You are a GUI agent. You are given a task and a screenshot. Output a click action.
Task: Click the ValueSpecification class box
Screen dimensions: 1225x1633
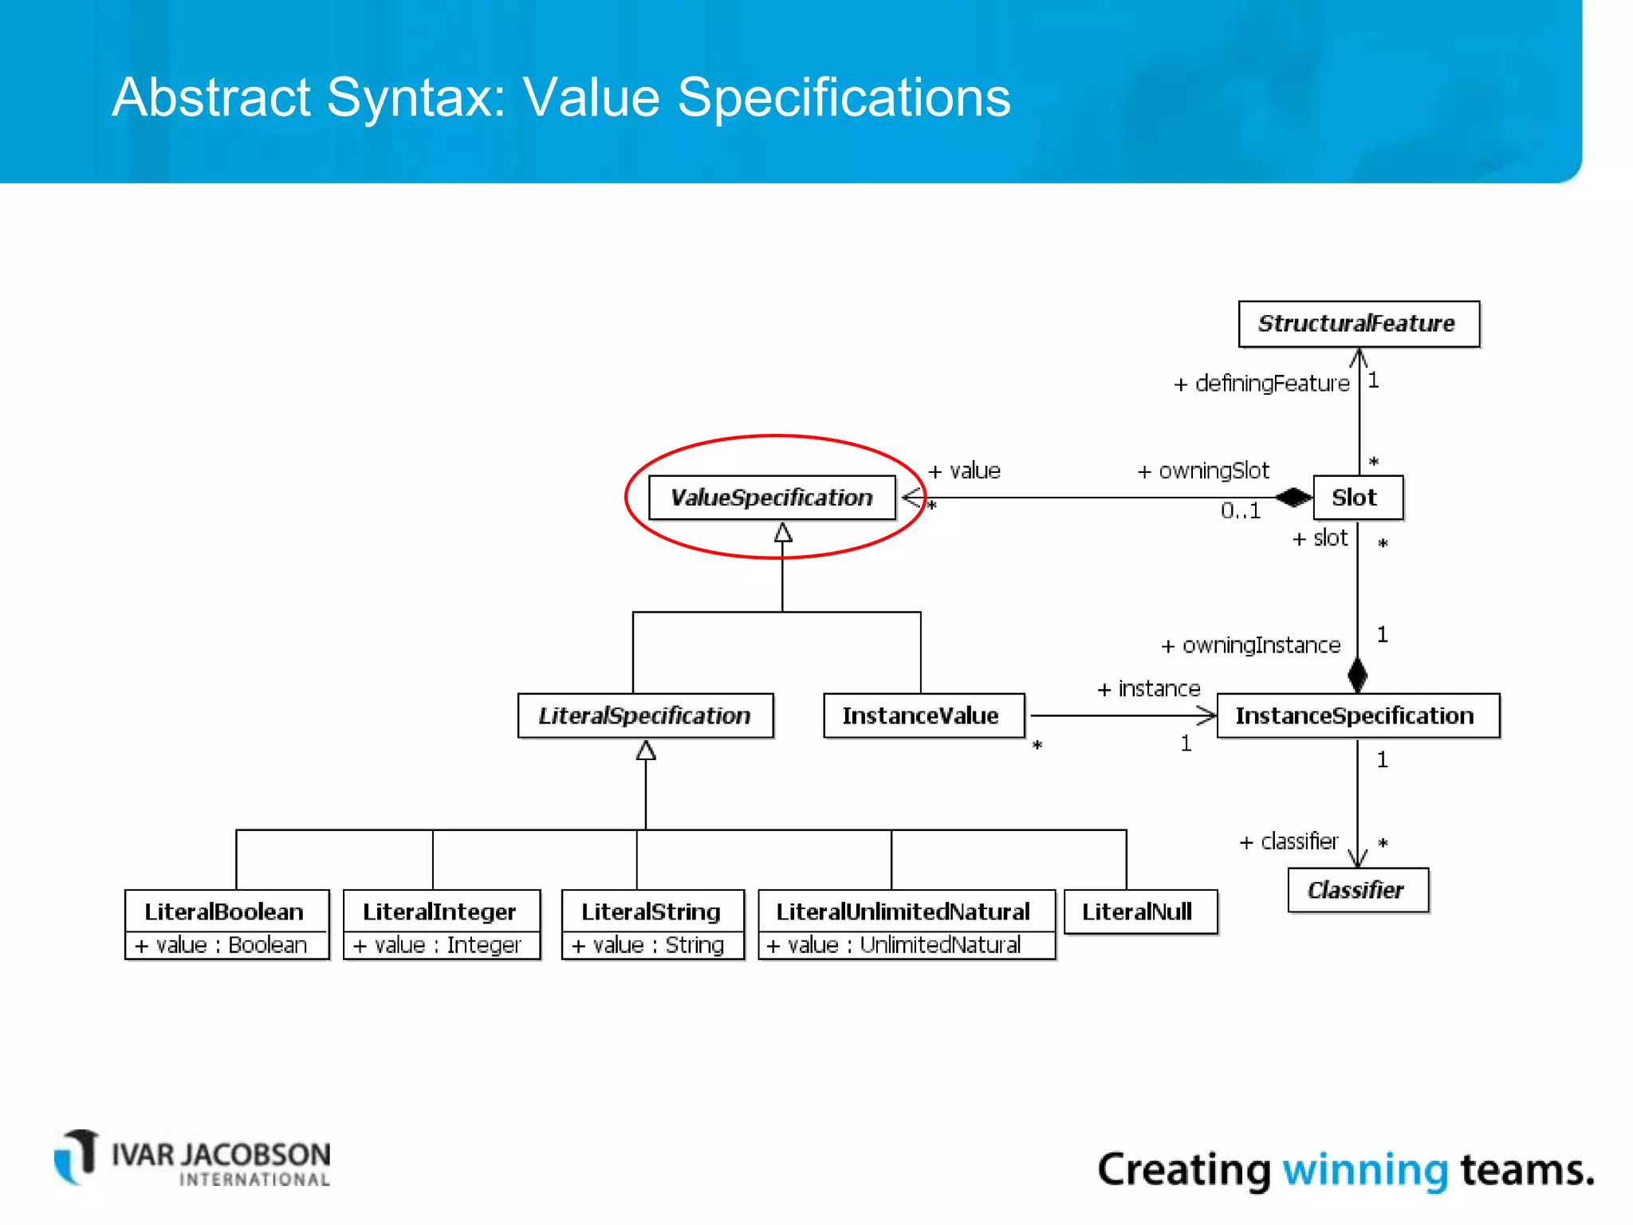coord(771,498)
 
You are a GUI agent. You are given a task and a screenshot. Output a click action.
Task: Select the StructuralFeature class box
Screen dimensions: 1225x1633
coord(1358,324)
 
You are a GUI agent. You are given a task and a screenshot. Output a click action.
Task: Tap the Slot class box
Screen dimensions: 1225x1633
coord(1356,498)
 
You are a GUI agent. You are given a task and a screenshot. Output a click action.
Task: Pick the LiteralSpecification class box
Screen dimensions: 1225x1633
coord(644,715)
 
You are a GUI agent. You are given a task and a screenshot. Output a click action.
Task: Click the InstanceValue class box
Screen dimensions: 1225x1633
coord(923,715)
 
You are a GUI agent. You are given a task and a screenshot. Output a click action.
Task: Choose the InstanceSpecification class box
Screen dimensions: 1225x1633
coord(1356,715)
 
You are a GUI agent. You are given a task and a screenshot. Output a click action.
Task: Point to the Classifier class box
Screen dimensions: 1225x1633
coord(1356,890)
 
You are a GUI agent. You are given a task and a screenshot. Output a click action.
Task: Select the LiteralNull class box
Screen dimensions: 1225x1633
coord(1139,912)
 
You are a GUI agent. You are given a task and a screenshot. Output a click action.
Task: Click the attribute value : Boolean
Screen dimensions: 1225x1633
coord(222,945)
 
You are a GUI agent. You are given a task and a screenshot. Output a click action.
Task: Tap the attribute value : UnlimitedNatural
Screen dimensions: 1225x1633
coord(895,945)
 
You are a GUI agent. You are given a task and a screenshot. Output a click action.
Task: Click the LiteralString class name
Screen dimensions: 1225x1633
coord(651,912)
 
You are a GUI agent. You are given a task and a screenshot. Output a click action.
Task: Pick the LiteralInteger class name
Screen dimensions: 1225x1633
coord(439,912)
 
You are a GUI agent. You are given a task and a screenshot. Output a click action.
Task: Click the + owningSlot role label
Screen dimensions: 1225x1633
coord(1202,471)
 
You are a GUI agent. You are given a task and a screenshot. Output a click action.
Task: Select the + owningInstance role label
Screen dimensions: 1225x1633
coord(1250,645)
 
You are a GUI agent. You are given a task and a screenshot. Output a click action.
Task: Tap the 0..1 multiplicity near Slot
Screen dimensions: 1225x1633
coord(1240,511)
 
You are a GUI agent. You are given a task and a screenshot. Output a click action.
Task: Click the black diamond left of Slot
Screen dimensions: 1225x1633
coord(1293,498)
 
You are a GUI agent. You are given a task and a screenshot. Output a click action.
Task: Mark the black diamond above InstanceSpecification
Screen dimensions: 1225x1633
coord(1357,675)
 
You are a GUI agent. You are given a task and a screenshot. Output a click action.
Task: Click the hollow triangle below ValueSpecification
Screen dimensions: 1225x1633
coord(783,533)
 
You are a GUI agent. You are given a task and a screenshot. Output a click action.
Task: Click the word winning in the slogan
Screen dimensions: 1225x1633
coord(1364,1171)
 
